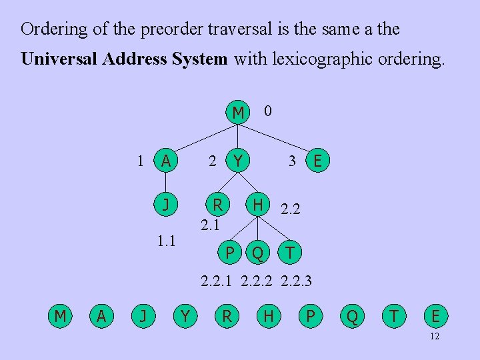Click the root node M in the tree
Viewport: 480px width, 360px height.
[238, 112]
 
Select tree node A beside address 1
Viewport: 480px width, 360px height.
[165, 161]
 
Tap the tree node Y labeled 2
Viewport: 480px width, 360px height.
[237, 161]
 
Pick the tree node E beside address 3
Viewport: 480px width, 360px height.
[318, 161]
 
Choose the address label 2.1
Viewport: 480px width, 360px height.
[211, 225]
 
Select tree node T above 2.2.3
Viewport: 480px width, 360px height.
[290, 252]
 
